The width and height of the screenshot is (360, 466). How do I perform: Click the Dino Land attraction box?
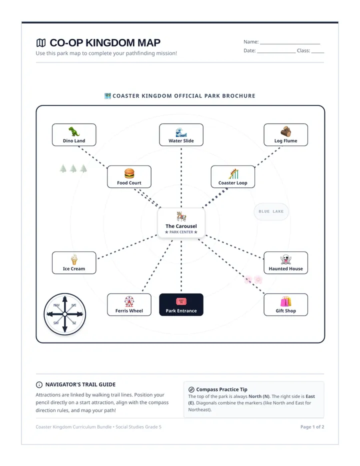pos(74,134)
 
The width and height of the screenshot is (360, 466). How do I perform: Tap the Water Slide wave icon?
pos(181,132)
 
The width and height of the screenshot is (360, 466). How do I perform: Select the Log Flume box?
pos(285,134)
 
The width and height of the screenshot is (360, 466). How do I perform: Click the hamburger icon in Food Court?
pos(129,173)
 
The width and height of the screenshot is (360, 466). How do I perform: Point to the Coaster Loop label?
pos(233,183)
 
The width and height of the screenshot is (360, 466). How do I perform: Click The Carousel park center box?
pos(181,223)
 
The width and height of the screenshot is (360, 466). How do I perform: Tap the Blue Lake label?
pos(271,211)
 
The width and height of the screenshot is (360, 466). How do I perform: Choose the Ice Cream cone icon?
pos(74,259)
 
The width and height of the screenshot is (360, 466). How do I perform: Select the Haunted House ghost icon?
pos(285,259)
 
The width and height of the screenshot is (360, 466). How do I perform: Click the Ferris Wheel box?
pos(129,304)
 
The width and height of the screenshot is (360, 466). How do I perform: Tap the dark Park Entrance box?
pos(181,304)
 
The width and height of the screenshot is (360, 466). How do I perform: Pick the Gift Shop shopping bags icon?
pos(285,301)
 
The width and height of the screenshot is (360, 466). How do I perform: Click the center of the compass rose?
pos(65,314)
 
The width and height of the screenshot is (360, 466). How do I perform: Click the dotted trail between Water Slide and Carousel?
pos(181,177)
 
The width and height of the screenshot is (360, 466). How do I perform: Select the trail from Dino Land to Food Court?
pos(92,157)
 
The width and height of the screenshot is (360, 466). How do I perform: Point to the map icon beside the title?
pos(41,43)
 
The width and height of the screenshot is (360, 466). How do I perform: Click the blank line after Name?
pos(290,43)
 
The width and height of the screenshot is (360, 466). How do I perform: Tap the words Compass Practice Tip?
pos(222,389)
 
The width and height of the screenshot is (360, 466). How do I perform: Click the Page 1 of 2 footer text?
pos(312,427)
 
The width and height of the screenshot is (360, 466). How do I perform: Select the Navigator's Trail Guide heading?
pos(80,384)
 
